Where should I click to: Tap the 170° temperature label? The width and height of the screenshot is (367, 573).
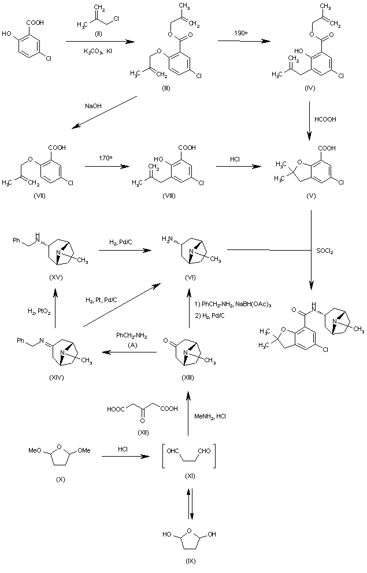click(105, 156)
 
